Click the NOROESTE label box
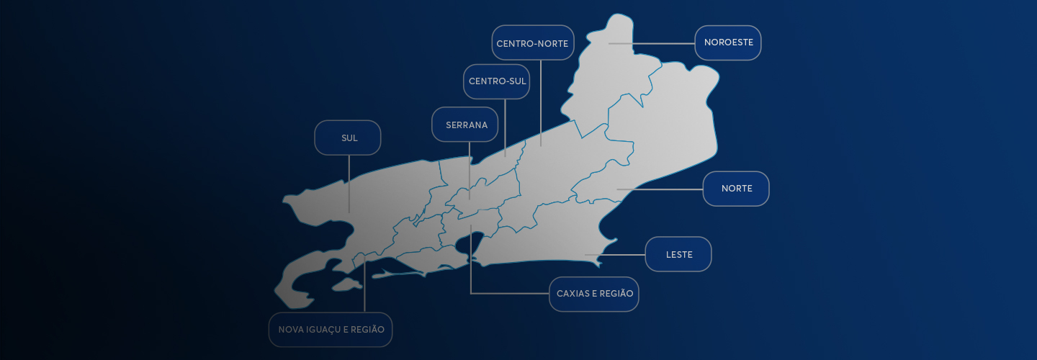tap(728, 42)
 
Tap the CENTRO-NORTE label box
tap(533, 43)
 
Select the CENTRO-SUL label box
tap(497, 81)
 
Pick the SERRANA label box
tap(466, 125)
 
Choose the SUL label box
tap(348, 138)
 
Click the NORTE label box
tap(736, 189)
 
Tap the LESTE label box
tap(678, 254)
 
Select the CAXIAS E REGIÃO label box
tap(594, 294)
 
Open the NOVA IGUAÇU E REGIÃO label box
tap(331, 330)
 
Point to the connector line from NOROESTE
tap(663, 43)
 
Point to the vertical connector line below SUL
tap(349, 180)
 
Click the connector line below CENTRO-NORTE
tap(541, 101)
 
